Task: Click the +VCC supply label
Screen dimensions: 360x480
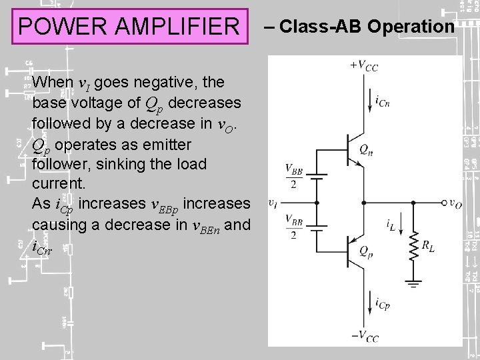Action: [x=363, y=65]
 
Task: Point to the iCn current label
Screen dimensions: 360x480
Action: [x=383, y=101]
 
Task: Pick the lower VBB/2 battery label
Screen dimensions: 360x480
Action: [x=293, y=226]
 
